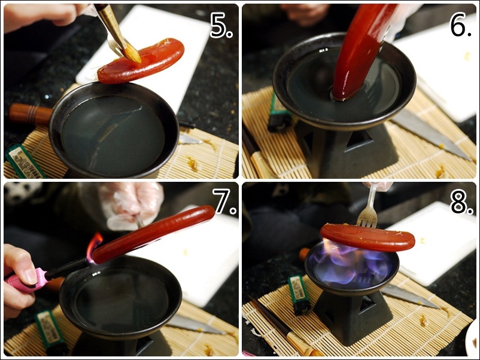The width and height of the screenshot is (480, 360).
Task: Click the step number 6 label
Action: coord(460,25)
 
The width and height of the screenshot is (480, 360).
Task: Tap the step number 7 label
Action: coord(224,201)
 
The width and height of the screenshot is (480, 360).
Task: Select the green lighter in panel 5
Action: coord(24,161)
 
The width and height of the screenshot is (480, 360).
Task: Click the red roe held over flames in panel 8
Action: coord(367,237)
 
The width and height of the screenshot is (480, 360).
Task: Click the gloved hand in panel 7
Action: coord(132,205)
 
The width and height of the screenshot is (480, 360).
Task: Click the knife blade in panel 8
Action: coord(410,296)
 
